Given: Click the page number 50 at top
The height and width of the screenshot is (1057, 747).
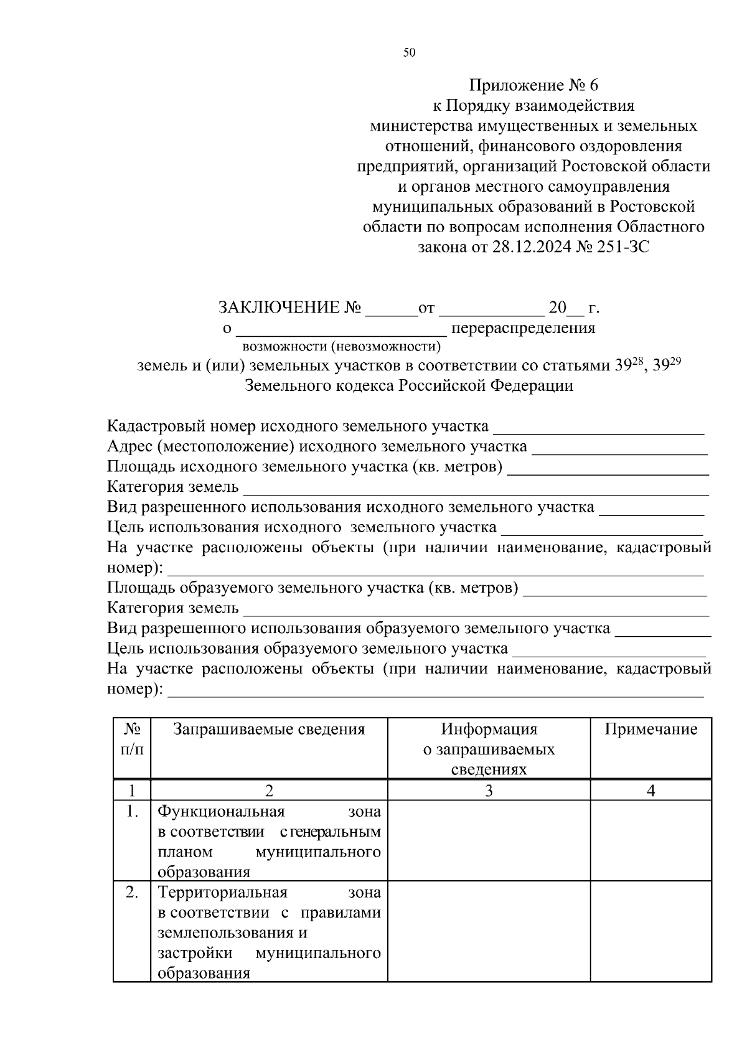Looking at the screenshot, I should point(409,53).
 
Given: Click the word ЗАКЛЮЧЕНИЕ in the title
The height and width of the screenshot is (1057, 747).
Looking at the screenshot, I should point(278,308).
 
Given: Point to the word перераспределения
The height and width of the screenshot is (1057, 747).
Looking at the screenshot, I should point(523,328).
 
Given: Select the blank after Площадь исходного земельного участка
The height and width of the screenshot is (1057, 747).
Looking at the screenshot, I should point(608,467).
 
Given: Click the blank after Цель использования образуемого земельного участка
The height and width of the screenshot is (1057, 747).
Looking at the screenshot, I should point(608,649).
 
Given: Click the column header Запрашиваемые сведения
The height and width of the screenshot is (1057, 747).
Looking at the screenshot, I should point(269,729).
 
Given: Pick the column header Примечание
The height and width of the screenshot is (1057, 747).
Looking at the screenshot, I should point(651,729).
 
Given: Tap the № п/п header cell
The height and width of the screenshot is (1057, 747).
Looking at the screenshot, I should point(131,739).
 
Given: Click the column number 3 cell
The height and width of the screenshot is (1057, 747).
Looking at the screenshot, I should point(489,791).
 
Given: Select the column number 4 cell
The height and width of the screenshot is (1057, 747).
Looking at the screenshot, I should point(651,791).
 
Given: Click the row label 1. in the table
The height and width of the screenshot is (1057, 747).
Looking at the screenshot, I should point(131,812).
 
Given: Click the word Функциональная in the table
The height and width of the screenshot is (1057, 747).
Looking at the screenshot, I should point(221,812).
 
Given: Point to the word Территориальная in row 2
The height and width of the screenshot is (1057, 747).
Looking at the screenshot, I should point(222,893).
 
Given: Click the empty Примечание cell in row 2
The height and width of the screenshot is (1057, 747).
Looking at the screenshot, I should point(651,931).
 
